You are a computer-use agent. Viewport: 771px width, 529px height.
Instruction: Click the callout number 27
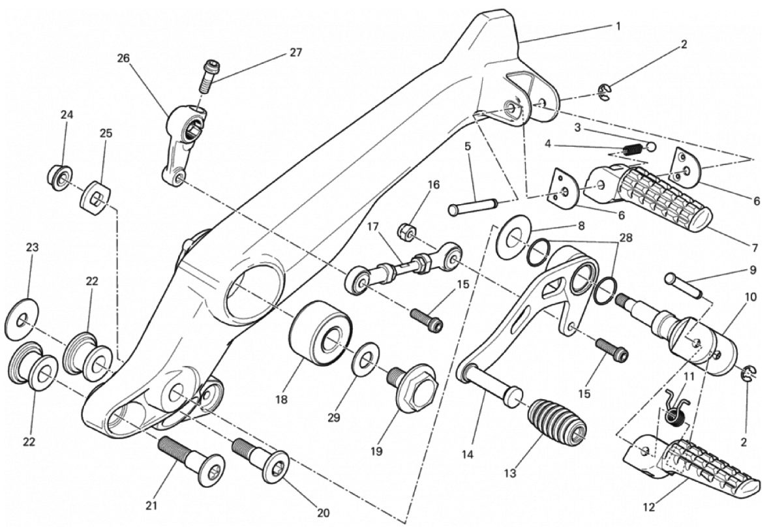[x=295, y=52]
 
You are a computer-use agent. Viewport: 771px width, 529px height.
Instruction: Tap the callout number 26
[x=123, y=58]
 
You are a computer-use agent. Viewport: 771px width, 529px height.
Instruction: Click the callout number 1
[x=618, y=26]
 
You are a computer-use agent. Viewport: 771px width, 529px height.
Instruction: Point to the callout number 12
[x=650, y=507]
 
